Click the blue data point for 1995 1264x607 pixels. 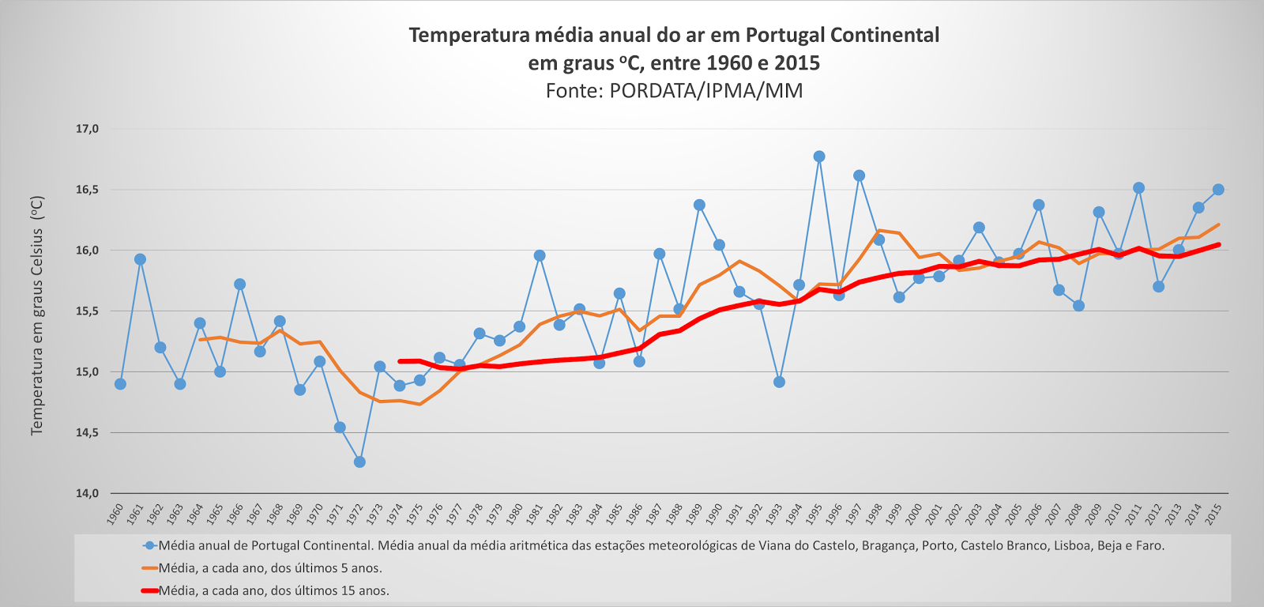pyautogui.click(x=819, y=156)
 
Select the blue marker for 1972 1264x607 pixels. pyautogui.click(x=359, y=462)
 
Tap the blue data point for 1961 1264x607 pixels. pyautogui.click(x=140, y=259)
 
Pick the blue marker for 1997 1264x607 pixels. pyautogui.click(x=859, y=175)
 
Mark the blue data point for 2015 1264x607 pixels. pyautogui.click(x=1218, y=190)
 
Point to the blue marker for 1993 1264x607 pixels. pyautogui.click(x=779, y=382)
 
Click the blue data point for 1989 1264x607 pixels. pyautogui.click(x=699, y=205)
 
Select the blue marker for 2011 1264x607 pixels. pyautogui.click(x=1138, y=188)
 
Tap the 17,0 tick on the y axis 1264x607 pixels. pyautogui.click(x=87, y=129)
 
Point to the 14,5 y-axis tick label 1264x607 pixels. pyautogui.click(x=87, y=432)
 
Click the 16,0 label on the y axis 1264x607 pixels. pyautogui.click(x=87, y=251)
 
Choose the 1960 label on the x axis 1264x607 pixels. pyautogui.click(x=116, y=514)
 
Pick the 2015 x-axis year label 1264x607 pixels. pyautogui.click(x=1214, y=514)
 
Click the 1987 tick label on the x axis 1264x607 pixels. pyautogui.click(x=655, y=514)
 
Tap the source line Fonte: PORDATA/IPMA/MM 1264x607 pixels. pyautogui.click(x=674, y=91)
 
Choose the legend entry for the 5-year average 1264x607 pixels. pyautogui.click(x=269, y=567)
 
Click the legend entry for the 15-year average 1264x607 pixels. pyautogui.click(x=273, y=590)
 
